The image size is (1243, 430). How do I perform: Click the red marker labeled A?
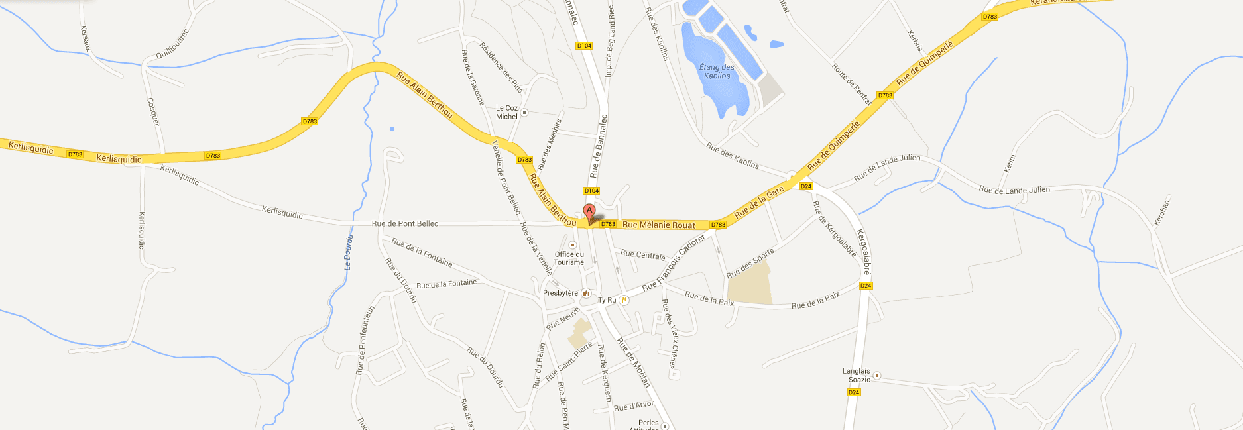tap(589, 212)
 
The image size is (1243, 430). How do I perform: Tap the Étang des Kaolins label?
tap(717, 71)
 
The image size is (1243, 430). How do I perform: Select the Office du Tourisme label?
tap(569, 258)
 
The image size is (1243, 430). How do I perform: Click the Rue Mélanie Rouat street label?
tap(658, 225)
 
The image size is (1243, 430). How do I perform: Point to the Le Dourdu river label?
tap(348, 252)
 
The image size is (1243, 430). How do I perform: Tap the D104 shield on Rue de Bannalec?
tap(591, 191)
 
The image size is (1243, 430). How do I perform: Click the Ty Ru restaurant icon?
tap(624, 300)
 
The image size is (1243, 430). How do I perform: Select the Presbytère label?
tap(560, 293)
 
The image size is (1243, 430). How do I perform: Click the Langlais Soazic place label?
tap(857, 376)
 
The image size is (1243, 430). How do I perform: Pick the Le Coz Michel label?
tap(506, 112)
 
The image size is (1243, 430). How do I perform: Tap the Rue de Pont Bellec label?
tap(404, 223)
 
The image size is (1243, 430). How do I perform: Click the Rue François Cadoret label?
tap(673, 263)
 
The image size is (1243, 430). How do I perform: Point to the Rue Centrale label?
tap(642, 254)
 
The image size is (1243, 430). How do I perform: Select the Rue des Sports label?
tap(750, 264)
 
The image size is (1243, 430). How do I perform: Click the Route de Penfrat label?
tap(851, 84)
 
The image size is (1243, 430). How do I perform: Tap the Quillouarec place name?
tap(172, 44)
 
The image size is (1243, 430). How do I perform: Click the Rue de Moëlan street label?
tap(633, 362)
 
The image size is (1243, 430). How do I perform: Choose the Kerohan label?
tap(1161, 213)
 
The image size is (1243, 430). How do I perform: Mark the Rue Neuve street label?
tap(563, 319)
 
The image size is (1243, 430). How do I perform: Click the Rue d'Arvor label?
tap(634, 405)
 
